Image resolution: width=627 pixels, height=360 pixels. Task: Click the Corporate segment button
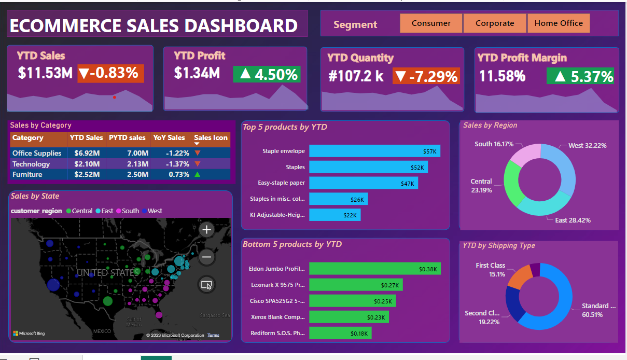tap(495, 23)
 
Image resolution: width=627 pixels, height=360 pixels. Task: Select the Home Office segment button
tap(559, 23)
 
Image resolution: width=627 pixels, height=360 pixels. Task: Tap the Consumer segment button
tap(431, 23)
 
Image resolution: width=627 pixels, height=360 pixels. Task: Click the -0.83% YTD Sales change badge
tap(110, 73)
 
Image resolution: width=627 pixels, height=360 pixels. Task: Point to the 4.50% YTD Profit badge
tap(267, 74)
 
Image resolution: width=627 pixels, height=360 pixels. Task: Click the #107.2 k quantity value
tap(356, 76)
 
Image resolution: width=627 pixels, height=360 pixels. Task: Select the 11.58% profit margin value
tap(502, 76)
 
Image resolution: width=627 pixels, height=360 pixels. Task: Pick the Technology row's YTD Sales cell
tap(87, 164)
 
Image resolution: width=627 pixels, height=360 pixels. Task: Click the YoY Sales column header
tap(169, 138)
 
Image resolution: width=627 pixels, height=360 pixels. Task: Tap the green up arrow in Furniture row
tap(197, 174)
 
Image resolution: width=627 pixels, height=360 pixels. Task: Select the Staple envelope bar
tap(374, 151)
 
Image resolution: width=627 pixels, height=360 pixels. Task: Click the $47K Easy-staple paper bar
tap(363, 183)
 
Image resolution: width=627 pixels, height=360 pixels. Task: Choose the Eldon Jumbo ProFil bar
tap(374, 269)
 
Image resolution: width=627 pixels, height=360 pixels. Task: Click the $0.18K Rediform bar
tap(340, 333)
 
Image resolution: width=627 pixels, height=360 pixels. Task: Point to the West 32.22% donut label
tap(587, 146)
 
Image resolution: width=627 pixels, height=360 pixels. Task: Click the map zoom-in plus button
tap(206, 229)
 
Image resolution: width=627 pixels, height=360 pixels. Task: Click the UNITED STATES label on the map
tap(108, 272)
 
